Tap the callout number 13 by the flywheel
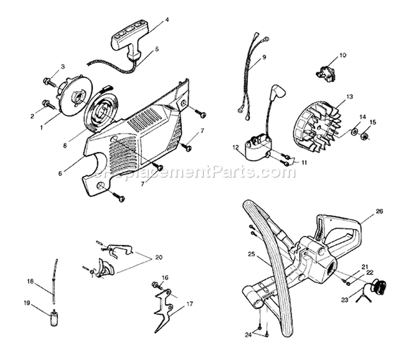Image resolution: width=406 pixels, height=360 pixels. (x=350, y=97)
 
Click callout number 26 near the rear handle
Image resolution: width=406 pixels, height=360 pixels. (x=379, y=211)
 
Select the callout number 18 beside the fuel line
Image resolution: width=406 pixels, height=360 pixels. (x=31, y=281)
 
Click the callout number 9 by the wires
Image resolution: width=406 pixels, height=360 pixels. (x=264, y=57)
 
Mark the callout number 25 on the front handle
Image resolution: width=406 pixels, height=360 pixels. (x=251, y=254)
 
